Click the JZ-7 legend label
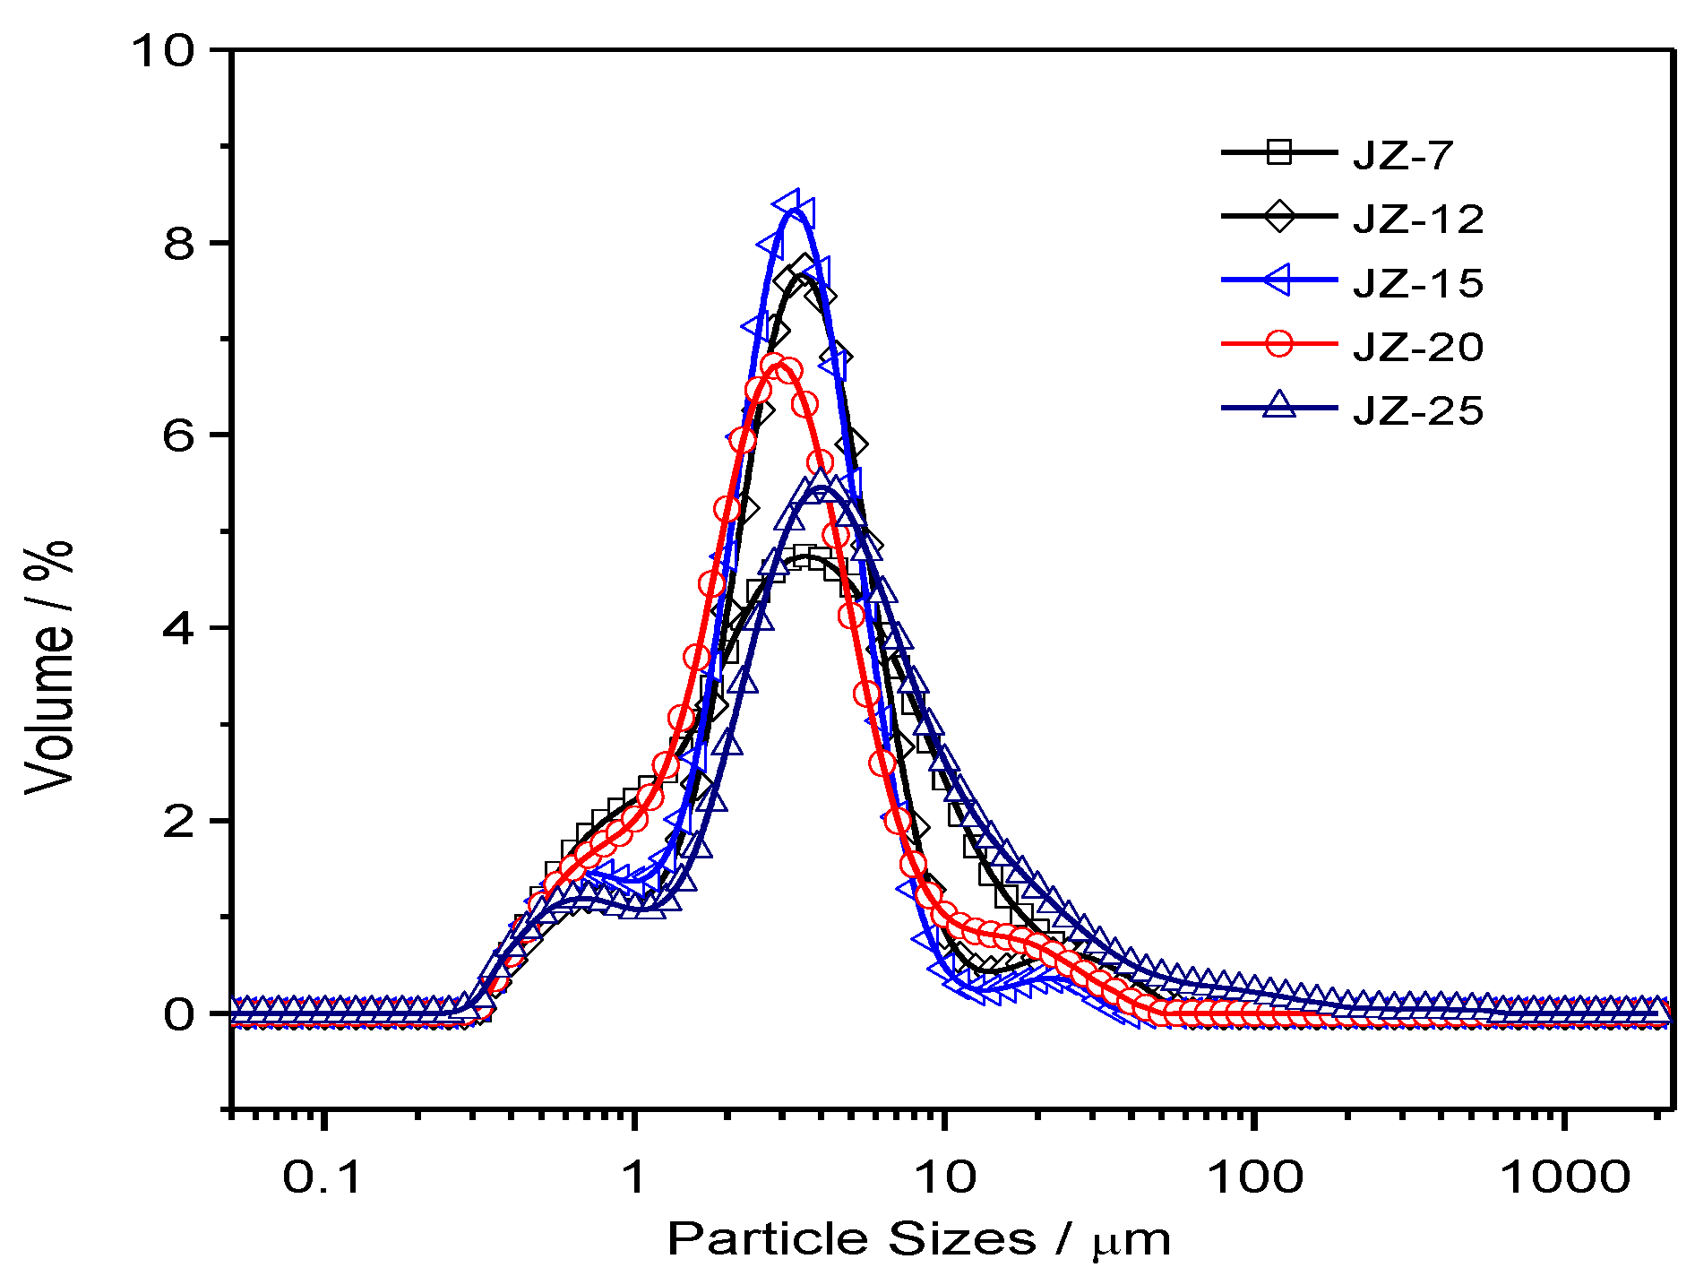[1403, 155]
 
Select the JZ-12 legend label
[1418, 219]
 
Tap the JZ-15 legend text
[1418, 282]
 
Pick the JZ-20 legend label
[1418, 346]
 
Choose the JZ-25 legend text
[1418, 410]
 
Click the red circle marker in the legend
[1279, 343]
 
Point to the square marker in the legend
[1279, 151]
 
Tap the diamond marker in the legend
[1279, 216]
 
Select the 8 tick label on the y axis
[178, 243]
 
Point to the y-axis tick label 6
[178, 435]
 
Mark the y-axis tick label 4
[178, 628]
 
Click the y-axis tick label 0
[178, 1014]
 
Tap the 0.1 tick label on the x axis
[323, 1177]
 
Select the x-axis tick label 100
[1254, 1177]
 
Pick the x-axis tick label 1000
[1565, 1177]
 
